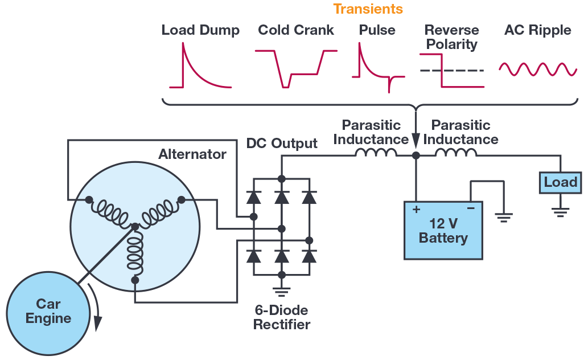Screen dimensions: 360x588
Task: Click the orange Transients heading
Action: pyautogui.click(x=368, y=9)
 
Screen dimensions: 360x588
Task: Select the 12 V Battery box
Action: pyautogui.click(x=443, y=230)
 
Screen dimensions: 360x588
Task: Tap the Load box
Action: pyautogui.click(x=560, y=182)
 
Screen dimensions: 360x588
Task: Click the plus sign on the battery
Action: pyautogui.click(x=416, y=209)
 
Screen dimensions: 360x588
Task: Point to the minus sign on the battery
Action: pyautogui.click(x=470, y=209)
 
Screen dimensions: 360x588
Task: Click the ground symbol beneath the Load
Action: pyautogui.click(x=560, y=212)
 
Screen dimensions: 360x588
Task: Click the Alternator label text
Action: pyautogui.click(x=192, y=154)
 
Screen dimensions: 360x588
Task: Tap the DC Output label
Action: pyautogui.click(x=282, y=143)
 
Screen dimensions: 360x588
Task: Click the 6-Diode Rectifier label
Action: pyautogui.click(x=282, y=318)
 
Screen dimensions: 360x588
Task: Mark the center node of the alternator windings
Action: pyautogui.click(x=135, y=227)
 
